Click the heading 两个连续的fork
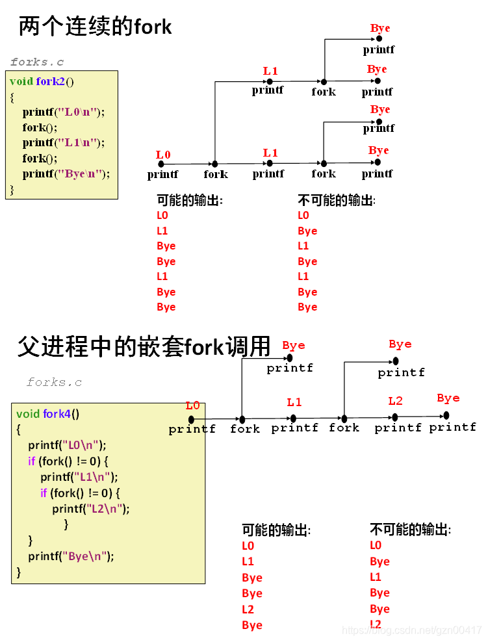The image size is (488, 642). click(95, 27)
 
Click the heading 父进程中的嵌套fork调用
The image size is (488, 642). click(144, 346)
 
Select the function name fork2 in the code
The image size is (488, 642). click(50, 81)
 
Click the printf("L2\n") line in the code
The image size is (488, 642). click(91, 509)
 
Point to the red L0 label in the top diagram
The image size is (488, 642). click(163, 155)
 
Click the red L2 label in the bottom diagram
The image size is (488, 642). click(395, 401)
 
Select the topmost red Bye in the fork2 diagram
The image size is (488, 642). click(380, 28)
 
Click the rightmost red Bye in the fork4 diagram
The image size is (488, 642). click(448, 398)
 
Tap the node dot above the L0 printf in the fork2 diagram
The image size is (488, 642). click(163, 164)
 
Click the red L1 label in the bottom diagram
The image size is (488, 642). click(294, 402)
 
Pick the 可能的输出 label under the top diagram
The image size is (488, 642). click(190, 200)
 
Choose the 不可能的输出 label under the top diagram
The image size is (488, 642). click(336, 200)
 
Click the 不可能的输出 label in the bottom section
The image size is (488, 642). click(410, 530)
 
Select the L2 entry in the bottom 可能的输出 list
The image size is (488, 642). click(248, 610)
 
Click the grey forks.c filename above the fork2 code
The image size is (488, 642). click(37, 62)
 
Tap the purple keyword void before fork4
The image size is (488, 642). click(28, 413)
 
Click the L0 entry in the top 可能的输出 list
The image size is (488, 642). click(162, 215)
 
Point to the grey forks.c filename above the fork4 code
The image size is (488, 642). click(55, 382)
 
